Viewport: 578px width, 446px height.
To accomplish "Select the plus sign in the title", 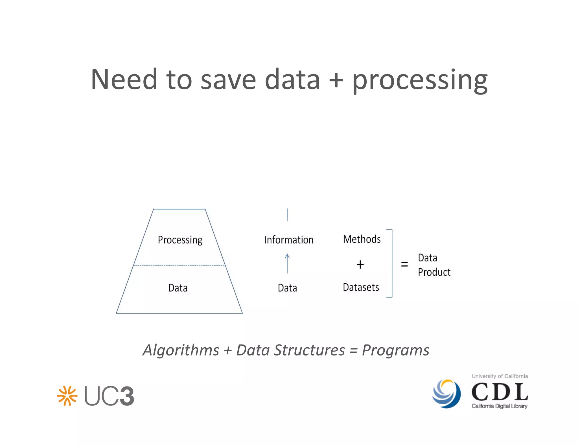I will point(336,80).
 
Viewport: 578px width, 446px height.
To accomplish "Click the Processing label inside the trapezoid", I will point(180,240).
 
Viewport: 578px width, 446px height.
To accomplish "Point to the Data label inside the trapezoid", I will point(178,288).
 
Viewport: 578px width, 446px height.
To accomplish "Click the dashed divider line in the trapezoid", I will point(179,265).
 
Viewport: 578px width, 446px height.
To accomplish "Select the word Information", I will point(289,240).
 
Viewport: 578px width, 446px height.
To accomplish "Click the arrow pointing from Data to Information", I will point(287,263).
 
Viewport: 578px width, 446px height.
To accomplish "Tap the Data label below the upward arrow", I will point(287,288).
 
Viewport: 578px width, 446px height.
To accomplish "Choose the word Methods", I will point(362,239).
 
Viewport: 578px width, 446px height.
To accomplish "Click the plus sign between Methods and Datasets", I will point(360,264).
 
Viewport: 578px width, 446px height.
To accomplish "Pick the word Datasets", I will point(361,287).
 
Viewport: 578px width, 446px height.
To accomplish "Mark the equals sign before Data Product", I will point(404,264).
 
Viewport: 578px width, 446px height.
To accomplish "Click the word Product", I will point(434,272).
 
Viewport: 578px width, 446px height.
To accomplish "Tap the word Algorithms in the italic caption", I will point(181,350).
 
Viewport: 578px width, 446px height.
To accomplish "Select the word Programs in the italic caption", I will point(395,350).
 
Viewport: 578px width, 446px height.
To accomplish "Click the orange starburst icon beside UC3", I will point(67,396).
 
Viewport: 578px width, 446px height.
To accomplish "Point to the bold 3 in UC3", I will point(126,396).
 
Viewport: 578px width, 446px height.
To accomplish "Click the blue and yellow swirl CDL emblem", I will point(446,394).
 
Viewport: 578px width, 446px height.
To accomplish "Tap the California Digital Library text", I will point(499,406).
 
